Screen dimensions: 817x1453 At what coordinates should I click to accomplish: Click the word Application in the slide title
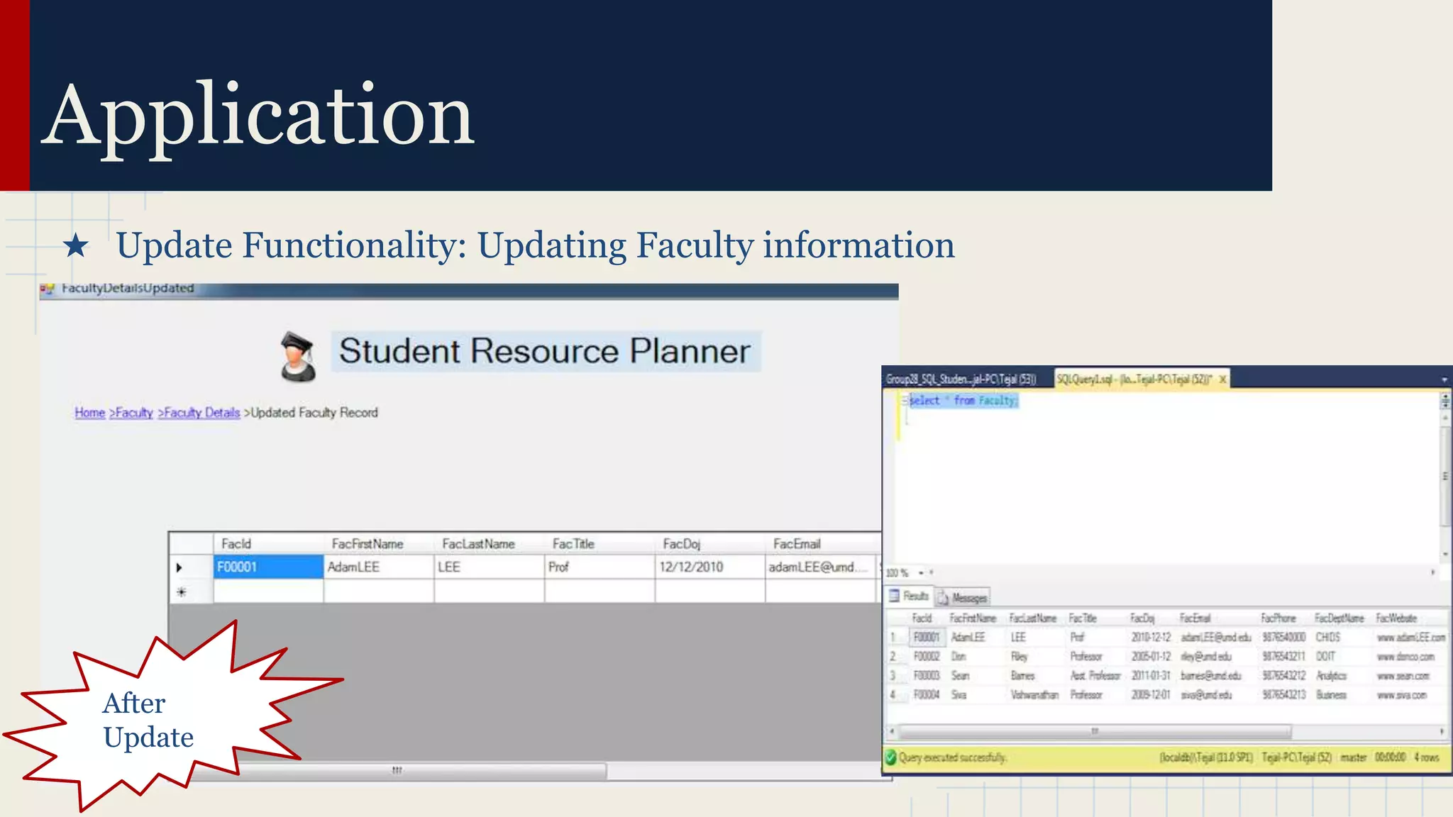tap(258, 116)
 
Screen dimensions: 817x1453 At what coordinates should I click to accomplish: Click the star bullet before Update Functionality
tap(76, 246)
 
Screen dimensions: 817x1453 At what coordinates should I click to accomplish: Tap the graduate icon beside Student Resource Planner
tap(297, 356)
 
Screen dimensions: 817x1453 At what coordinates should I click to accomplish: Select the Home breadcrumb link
tap(90, 413)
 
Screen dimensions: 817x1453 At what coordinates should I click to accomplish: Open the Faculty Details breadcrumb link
tap(199, 413)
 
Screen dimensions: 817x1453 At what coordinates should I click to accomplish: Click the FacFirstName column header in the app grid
tap(368, 544)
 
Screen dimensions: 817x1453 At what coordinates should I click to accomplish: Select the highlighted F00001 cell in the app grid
tap(267, 567)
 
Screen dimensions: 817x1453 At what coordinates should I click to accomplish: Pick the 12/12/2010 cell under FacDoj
tap(691, 567)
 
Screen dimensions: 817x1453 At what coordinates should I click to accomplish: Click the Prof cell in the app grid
tap(559, 567)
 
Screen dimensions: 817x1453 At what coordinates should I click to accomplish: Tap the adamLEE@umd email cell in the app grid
tap(812, 567)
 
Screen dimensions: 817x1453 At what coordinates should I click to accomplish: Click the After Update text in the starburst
tap(148, 720)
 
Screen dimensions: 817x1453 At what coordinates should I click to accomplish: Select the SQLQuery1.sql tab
tap(1134, 379)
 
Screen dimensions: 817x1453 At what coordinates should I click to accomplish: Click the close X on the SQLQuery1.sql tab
tap(1222, 379)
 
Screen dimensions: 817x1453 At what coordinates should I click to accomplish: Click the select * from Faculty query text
tap(963, 401)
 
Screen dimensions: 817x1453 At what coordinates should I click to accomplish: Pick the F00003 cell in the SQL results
tap(927, 676)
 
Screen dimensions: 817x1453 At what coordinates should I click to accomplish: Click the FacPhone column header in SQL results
tap(1278, 618)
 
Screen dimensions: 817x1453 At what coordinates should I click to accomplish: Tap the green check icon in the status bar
tap(891, 757)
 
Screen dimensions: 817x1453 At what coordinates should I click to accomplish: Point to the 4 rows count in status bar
tap(1427, 757)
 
